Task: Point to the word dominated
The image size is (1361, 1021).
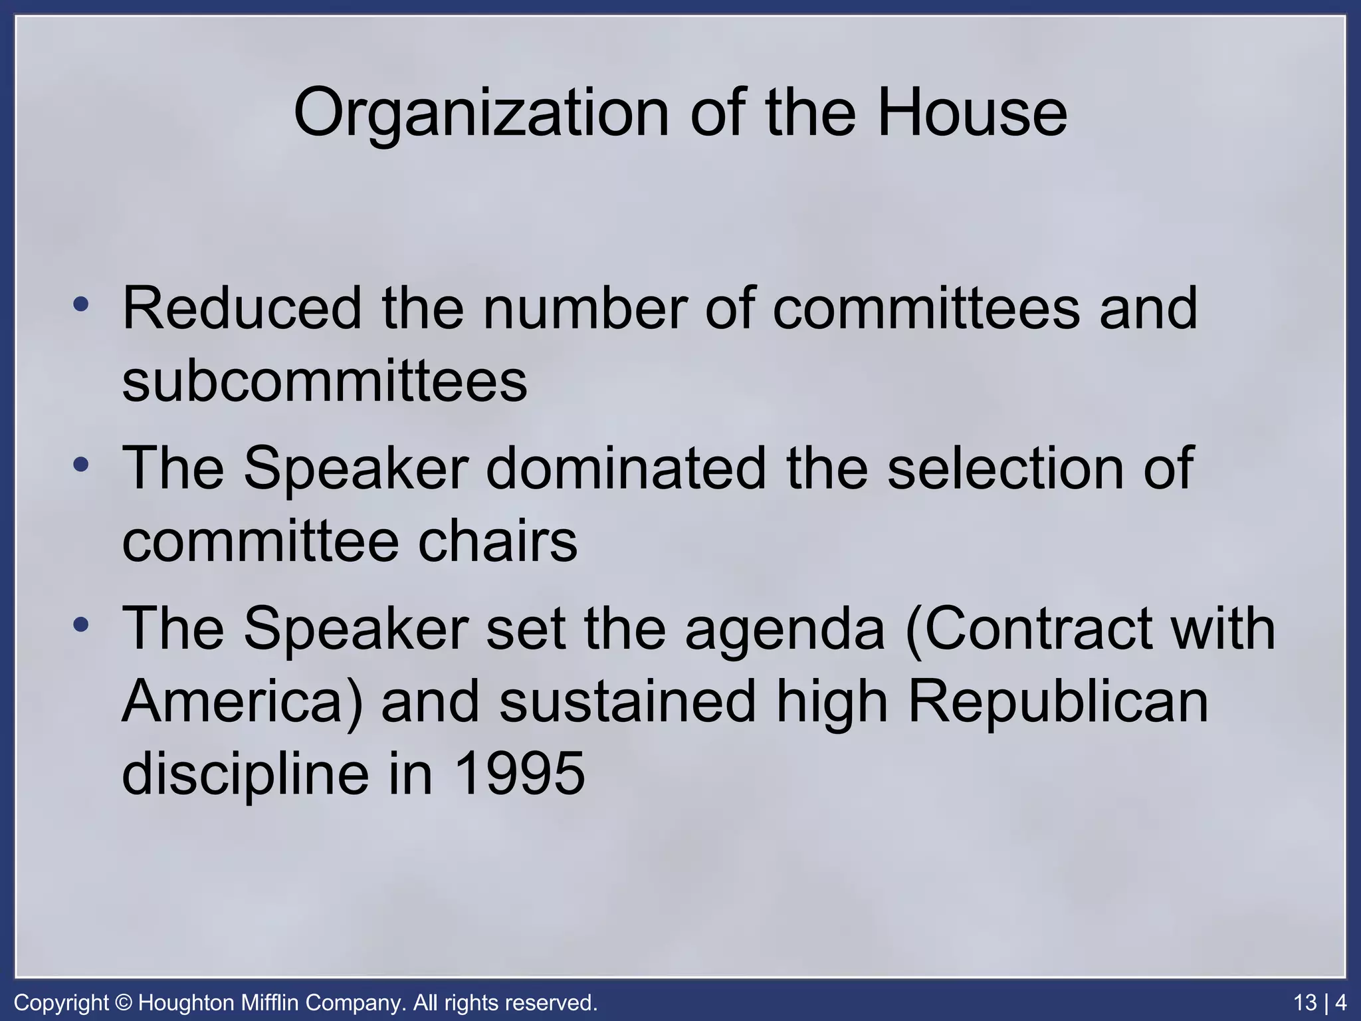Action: point(626,468)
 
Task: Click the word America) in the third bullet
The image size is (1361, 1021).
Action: point(243,702)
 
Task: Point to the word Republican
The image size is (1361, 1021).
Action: point(1057,702)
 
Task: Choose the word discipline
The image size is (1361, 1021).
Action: point(245,775)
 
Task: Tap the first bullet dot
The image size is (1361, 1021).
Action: point(81,305)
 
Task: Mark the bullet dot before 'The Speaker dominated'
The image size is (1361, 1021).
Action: point(81,465)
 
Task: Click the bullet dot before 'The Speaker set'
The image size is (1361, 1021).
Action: point(81,625)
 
